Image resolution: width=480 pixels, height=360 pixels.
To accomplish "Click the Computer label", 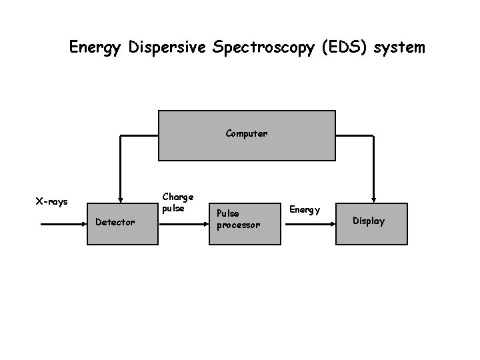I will pos(246,133).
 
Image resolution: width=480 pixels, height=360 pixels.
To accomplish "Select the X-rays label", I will pos(51,201).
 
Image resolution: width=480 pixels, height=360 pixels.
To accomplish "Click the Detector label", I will pos(115,221).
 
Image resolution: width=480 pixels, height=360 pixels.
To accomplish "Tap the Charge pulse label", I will pos(178,203).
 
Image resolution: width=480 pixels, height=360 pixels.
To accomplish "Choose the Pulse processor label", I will pos(238,219).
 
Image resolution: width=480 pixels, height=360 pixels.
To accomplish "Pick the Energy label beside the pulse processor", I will pos(305,210).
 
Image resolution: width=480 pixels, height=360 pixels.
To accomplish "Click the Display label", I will pos(369,221).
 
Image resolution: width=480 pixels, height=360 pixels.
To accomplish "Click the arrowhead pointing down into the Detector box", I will pos(120,198).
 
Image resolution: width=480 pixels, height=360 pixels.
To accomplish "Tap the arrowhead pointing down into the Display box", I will pos(373,198).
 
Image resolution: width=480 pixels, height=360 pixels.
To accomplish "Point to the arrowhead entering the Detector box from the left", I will pos(83,225).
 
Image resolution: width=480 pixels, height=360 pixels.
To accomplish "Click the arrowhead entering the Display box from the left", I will pos(332,225).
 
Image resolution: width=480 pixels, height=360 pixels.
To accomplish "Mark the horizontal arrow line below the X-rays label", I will pos(60,225).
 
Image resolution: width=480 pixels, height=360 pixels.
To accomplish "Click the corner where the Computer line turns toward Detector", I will pos(120,135).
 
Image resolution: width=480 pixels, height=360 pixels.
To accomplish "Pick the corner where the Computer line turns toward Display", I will pos(373,135).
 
